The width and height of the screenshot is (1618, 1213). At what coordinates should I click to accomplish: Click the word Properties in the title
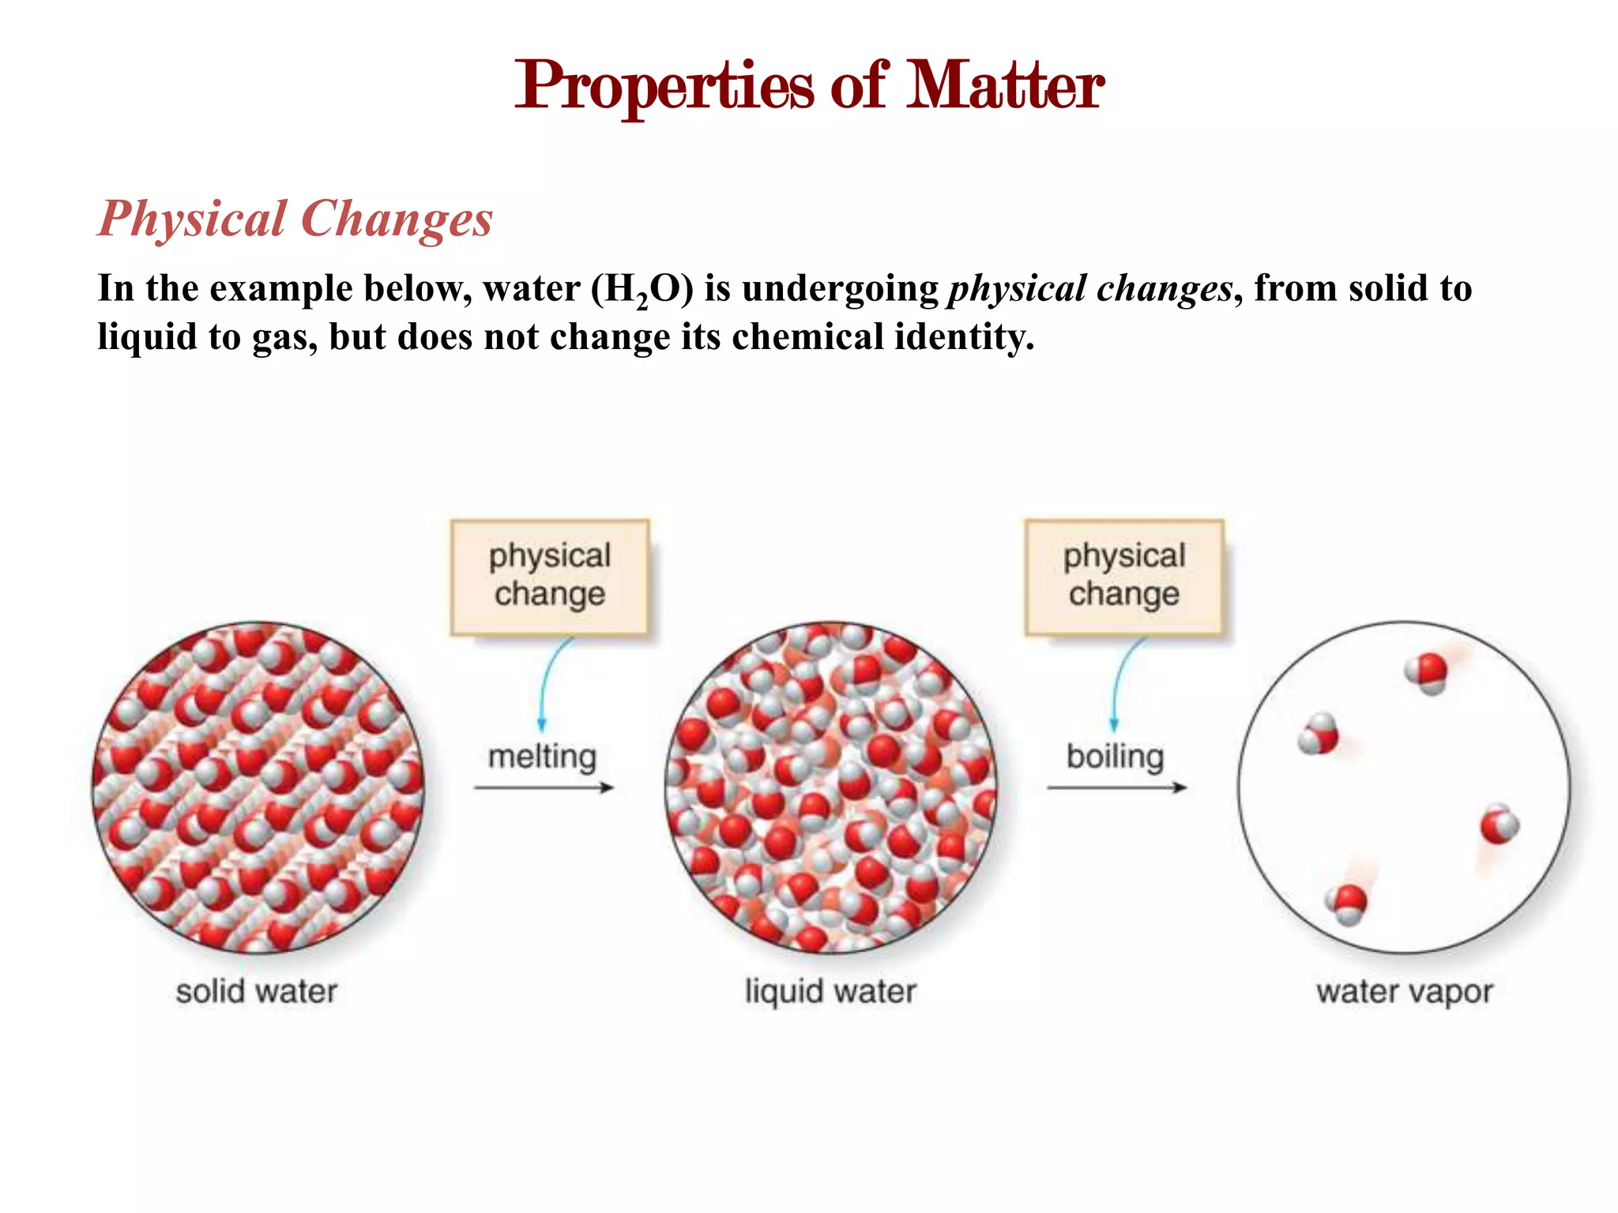click(664, 87)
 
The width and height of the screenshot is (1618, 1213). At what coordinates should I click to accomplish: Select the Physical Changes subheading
click(295, 219)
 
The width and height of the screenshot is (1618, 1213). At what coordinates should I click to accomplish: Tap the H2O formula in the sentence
click(642, 289)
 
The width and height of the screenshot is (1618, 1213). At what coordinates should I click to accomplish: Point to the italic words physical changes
click(1090, 289)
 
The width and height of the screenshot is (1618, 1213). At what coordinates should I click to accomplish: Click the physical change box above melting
click(550, 576)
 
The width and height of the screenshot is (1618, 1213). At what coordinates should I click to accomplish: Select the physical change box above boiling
click(1123, 576)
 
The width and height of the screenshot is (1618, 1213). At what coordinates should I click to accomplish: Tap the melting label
click(542, 757)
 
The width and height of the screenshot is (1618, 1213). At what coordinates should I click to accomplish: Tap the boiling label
click(1115, 757)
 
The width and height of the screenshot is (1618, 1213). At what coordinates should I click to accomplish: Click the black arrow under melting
click(544, 787)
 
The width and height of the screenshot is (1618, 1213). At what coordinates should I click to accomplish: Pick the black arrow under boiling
click(1116, 787)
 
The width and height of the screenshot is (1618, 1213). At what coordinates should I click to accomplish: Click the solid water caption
click(257, 992)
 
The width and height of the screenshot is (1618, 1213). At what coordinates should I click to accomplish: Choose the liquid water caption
click(830, 992)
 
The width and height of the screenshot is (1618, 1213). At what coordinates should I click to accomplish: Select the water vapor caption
click(1405, 992)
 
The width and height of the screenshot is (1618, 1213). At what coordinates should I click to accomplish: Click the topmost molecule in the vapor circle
click(1427, 673)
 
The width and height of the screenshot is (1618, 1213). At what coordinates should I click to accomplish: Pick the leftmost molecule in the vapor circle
click(1319, 734)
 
